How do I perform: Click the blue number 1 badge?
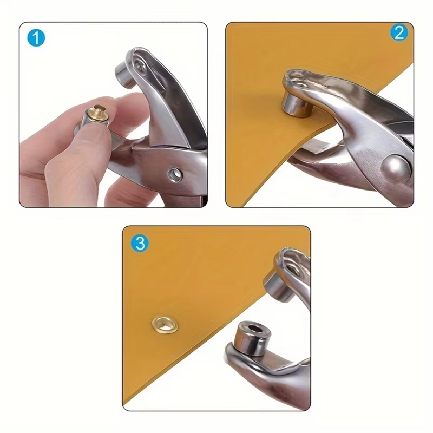click(36, 38)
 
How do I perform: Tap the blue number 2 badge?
click(399, 33)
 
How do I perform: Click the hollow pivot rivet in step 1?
click(175, 174)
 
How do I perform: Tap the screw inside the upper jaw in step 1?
click(141, 66)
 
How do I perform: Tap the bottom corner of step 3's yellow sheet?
click(126, 403)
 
